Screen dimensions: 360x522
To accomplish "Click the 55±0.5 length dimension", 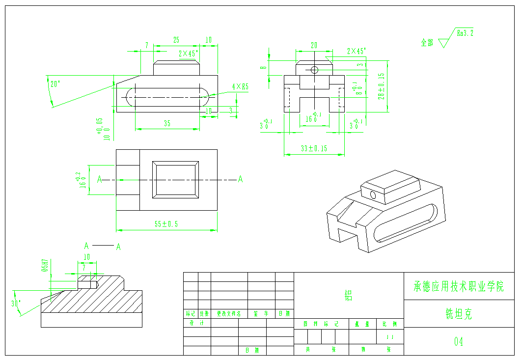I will click(166, 224).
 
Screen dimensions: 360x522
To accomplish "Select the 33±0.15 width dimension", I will click(313, 148).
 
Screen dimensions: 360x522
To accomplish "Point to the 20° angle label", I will click(55, 84).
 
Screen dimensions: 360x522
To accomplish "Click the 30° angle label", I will click(16, 304).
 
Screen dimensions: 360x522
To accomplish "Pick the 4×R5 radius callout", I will click(241, 86).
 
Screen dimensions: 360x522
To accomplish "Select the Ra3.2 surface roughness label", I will click(465, 34).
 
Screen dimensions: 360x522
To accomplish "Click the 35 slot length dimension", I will click(167, 124).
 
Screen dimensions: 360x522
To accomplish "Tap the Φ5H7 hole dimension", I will click(45, 266).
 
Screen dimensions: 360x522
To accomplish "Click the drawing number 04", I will click(459, 341).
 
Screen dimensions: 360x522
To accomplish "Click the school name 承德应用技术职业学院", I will click(459, 286).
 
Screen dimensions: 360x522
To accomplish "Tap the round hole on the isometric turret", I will click(373, 195).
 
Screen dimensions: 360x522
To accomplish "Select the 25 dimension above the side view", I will click(176, 40).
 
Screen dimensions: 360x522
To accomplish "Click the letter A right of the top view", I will click(240, 179).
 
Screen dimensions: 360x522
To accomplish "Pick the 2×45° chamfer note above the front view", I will click(356, 51).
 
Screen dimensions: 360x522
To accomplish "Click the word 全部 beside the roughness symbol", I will click(427, 43).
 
